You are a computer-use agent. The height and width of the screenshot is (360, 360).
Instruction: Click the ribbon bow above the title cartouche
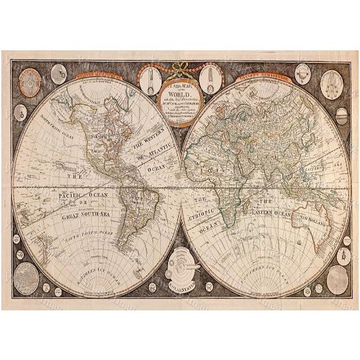180,67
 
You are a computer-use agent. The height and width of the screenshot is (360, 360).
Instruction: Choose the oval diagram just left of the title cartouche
148,79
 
